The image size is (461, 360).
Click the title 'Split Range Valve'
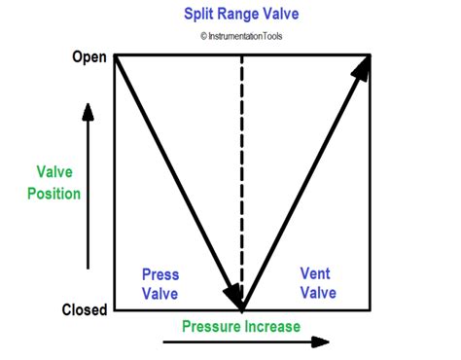(240, 16)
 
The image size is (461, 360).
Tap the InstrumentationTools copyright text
(242, 38)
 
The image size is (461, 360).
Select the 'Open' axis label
(89, 55)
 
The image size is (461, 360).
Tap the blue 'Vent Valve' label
(317, 283)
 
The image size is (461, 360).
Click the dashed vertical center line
(242, 175)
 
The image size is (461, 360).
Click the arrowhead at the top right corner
(365, 67)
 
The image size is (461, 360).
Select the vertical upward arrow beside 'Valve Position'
(89, 185)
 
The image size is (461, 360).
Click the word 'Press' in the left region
(160, 273)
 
